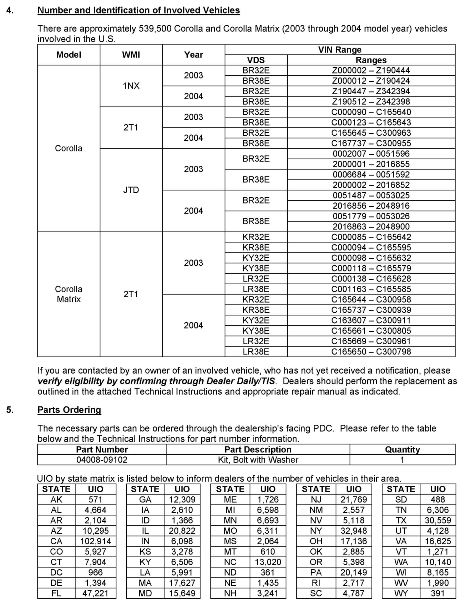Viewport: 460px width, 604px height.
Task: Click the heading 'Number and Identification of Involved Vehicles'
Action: (138, 10)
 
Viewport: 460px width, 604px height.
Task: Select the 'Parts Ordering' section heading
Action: (69, 410)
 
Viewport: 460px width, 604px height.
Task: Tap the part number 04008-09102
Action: (102, 459)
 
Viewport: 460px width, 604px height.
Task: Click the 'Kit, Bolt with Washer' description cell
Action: (258, 459)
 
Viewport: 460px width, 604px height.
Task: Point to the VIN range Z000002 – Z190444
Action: (371, 70)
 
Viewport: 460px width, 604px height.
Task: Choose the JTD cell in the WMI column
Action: (131, 190)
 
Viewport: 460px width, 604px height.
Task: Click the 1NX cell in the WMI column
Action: (131, 86)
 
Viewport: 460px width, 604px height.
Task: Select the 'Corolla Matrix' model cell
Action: (69, 294)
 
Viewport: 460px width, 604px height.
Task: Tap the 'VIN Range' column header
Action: (340, 50)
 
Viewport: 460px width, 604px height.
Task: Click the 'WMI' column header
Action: (131, 55)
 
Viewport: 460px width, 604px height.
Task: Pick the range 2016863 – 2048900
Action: (371, 226)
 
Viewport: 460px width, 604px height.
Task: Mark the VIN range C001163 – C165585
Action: (371, 289)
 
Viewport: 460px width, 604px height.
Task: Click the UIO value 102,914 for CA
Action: (96, 541)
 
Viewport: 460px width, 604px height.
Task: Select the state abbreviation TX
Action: (401, 520)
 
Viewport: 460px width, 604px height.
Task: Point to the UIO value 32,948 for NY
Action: (354, 531)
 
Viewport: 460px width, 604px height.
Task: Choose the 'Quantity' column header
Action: (402, 449)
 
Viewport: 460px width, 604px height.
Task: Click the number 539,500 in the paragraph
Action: (155, 29)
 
